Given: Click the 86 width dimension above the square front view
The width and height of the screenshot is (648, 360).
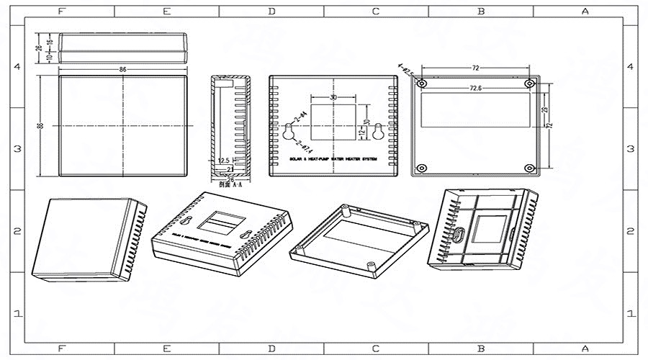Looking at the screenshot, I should click(122, 70).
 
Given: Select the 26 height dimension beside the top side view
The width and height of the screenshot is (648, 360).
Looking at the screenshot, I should click(39, 48).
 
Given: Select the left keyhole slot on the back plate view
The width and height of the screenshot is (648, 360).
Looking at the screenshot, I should click(288, 132).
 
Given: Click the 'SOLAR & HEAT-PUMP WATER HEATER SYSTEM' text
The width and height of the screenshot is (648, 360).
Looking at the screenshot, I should click(332, 158).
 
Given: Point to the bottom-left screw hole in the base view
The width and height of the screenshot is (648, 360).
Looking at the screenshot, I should click(423, 168).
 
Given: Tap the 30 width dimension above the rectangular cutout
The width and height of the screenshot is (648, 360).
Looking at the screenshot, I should click(333, 96).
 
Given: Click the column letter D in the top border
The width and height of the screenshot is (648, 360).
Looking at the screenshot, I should click(271, 12).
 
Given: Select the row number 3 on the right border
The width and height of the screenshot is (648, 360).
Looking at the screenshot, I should click(631, 149).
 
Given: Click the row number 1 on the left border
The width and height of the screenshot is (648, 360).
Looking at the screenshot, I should click(17, 314).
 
